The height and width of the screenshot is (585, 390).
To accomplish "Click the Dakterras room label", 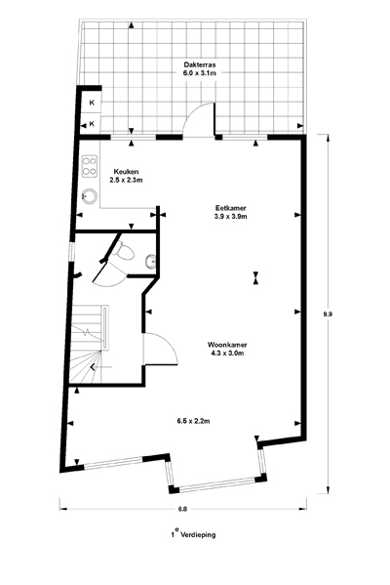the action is (x=200, y=64).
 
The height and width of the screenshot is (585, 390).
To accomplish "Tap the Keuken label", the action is (x=127, y=172).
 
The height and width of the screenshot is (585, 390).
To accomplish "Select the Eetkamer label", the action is (x=230, y=208).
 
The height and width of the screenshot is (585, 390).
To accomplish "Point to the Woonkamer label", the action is (x=227, y=345).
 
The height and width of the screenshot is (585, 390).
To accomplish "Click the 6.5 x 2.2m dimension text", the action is (x=193, y=421).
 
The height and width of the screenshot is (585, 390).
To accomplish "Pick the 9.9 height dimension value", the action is (x=328, y=313).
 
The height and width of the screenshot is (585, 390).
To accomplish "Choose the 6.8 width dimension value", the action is (x=182, y=509).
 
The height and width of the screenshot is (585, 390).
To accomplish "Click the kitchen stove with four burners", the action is (x=90, y=166).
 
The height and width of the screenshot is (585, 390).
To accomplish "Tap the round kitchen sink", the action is (x=90, y=196).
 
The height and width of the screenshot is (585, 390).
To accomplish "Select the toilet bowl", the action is (x=125, y=252).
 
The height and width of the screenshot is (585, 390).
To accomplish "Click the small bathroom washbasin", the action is (x=150, y=261).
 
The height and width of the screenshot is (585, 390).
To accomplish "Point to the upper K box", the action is (x=92, y=103).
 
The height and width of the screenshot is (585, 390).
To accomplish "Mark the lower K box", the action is (x=92, y=123).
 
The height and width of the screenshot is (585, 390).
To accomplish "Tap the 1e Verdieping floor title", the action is (x=193, y=534).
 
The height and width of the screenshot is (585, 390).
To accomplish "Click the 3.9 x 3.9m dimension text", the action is (x=230, y=217).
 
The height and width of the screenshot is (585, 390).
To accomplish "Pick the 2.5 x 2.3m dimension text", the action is (x=127, y=181).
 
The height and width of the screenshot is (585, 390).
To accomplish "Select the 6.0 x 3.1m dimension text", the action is (x=200, y=73).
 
